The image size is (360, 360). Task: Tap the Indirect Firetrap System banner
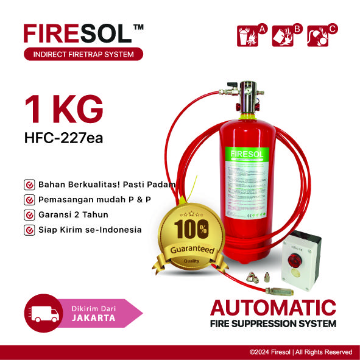tap(83, 55)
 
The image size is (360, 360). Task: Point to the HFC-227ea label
tap(63, 138)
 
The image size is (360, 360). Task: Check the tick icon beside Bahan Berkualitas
tap(29, 184)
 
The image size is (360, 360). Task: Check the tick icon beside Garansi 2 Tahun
tap(29, 214)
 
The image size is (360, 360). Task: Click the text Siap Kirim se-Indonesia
tap(90, 230)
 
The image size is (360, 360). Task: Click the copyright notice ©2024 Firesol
tap(300, 352)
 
